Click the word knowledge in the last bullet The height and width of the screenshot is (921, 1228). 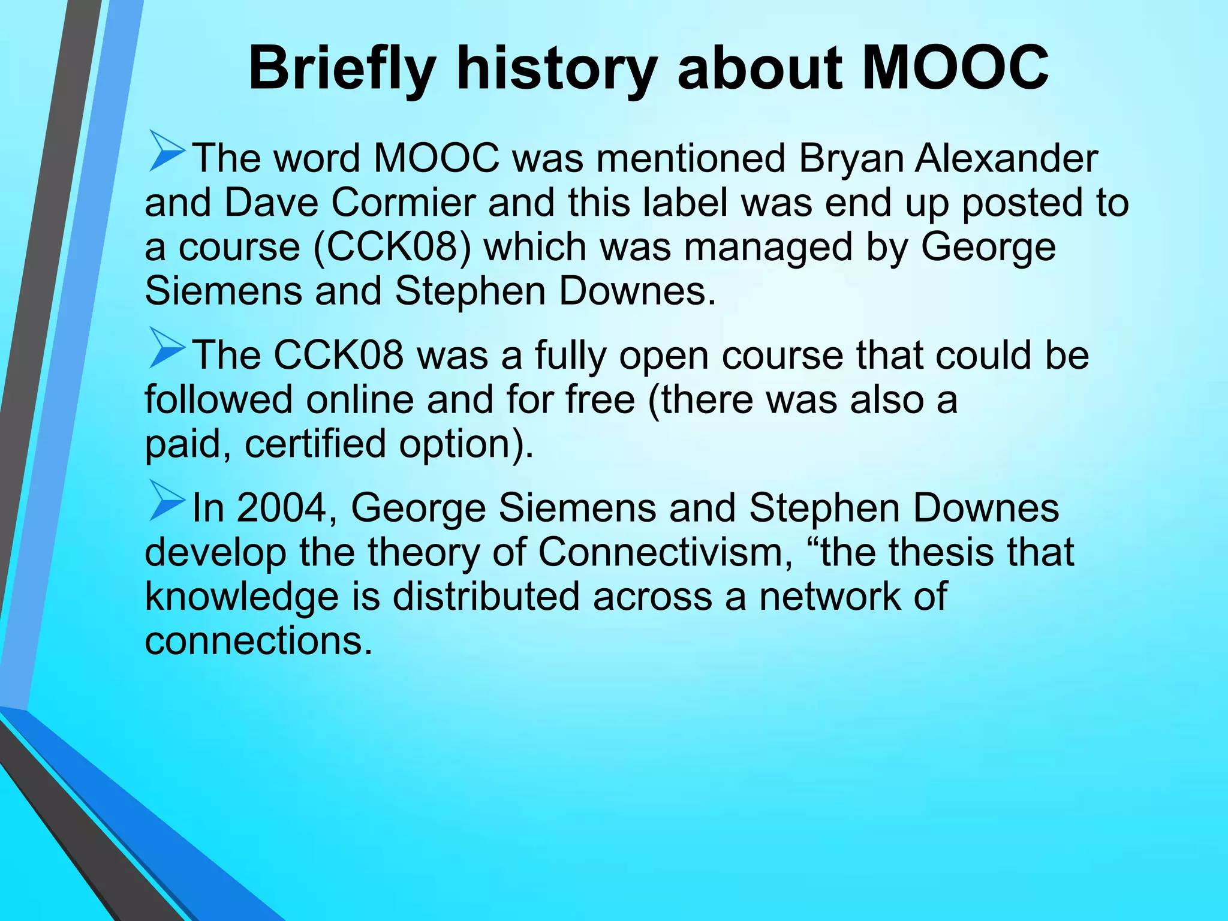tap(242, 597)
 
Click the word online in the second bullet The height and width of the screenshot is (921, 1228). tap(360, 400)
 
